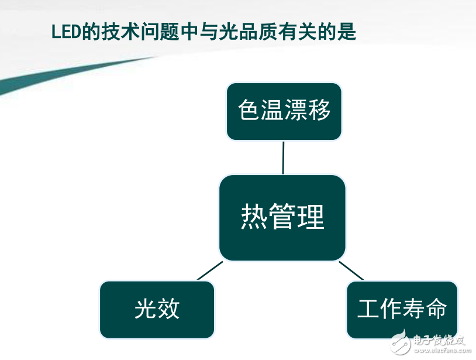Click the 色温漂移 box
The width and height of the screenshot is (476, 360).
click(284, 111)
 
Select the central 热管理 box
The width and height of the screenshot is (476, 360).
click(282, 217)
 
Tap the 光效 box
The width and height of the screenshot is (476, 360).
click(157, 309)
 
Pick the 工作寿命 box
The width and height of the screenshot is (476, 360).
click(402, 309)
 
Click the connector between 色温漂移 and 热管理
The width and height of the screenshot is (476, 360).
click(283, 157)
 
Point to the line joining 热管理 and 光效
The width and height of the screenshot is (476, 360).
click(210, 270)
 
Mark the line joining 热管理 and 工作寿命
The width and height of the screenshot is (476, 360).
click(351, 270)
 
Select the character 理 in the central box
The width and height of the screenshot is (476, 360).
click(311, 217)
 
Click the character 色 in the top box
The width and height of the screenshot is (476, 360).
click(249, 110)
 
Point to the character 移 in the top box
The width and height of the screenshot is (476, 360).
click(319, 110)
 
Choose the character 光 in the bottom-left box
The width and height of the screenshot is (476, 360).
click(145, 309)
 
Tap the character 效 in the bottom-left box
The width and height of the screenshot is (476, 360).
click(168, 309)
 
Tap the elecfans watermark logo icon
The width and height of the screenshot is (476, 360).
click(399, 341)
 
